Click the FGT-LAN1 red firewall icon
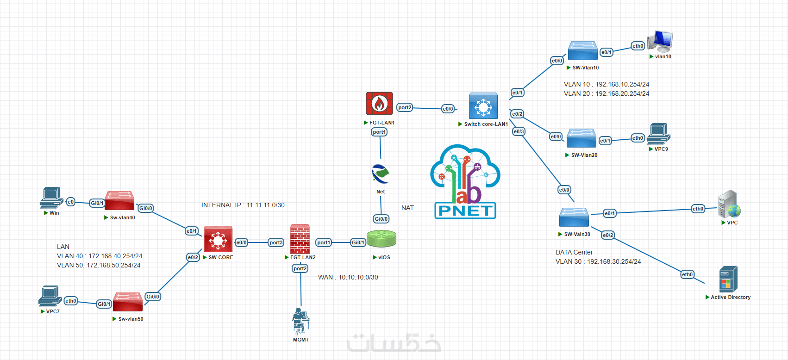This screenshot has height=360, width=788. pyautogui.click(x=379, y=103)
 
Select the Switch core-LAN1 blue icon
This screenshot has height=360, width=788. pyautogui.click(x=483, y=106)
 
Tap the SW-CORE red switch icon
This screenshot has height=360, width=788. pyautogui.click(x=218, y=239)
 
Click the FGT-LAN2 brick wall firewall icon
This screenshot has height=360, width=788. pyautogui.click(x=300, y=239)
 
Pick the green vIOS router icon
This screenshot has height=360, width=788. pyautogui.click(x=381, y=239)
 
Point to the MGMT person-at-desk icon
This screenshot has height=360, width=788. pyautogui.click(x=300, y=321)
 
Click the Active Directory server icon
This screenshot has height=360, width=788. pyautogui.click(x=728, y=279)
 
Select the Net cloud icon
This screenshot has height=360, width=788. pyautogui.click(x=381, y=174)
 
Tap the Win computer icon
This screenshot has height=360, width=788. pyautogui.click(x=51, y=198)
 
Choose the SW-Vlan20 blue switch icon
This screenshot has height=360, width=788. pyautogui.click(x=581, y=138)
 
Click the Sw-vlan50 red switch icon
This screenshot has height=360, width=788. pyautogui.click(x=128, y=302)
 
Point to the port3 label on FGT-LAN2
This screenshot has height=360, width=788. pyautogui.click(x=276, y=242)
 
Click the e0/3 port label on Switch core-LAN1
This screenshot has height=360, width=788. pyautogui.click(x=519, y=131)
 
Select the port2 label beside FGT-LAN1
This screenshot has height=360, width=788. pyautogui.click(x=405, y=107)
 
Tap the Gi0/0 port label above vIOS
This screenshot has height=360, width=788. pyautogui.click(x=381, y=219)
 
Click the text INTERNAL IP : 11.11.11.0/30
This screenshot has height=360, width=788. pyautogui.click(x=243, y=205)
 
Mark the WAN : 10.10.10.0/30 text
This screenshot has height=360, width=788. pyautogui.click(x=348, y=277)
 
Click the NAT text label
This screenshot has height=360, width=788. pyautogui.click(x=407, y=208)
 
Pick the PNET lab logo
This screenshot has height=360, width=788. pyautogui.click(x=465, y=181)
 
